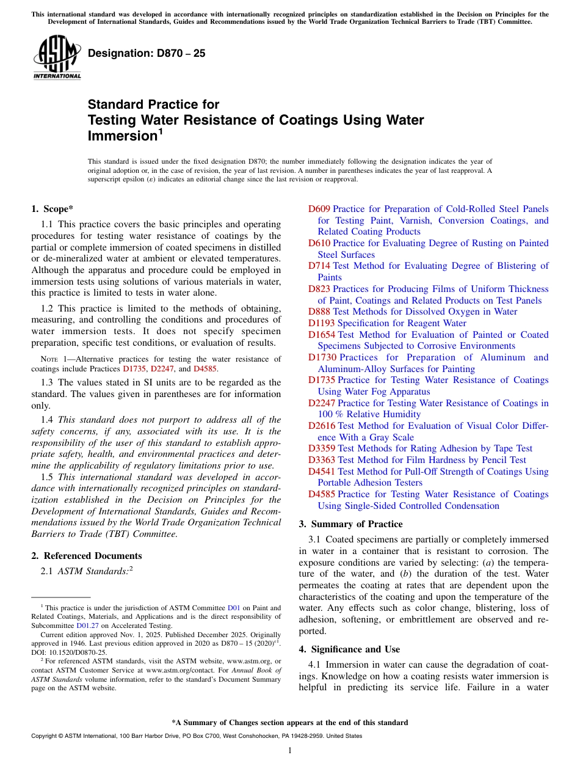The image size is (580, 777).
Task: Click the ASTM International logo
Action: [57, 57]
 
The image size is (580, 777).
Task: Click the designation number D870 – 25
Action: [147, 53]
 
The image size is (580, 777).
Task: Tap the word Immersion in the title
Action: [121, 136]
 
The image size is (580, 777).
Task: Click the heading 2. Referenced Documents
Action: [87, 556]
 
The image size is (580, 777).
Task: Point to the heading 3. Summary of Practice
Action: [350, 524]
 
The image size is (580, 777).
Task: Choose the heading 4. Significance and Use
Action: [349, 649]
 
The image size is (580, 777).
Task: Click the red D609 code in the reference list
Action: [319, 210]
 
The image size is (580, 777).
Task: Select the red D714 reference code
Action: [319, 266]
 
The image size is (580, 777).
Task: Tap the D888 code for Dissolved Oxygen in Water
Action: [319, 312]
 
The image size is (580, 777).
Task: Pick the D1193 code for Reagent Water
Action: [321, 323]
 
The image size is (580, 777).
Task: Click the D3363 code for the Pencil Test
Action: [321, 460]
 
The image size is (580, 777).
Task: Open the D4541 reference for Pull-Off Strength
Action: [321, 472]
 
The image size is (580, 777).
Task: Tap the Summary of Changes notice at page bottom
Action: [289, 723]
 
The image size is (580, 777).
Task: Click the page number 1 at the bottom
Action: [290, 751]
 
